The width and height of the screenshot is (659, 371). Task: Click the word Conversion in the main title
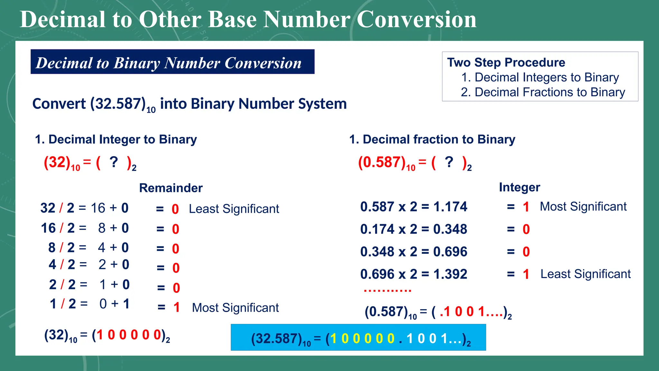(416, 19)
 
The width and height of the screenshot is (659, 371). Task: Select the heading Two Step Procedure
(506, 62)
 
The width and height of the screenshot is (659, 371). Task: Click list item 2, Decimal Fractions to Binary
(543, 92)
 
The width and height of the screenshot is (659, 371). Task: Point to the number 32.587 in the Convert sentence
(118, 104)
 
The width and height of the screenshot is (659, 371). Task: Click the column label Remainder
(171, 188)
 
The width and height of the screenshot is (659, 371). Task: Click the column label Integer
(519, 187)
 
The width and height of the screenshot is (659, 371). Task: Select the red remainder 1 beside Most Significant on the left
(176, 308)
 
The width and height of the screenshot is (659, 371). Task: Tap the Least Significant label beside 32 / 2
(234, 209)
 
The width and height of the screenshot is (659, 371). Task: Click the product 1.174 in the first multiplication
(450, 207)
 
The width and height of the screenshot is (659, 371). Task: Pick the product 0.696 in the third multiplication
(450, 252)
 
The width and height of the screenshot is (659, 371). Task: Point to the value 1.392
(450, 274)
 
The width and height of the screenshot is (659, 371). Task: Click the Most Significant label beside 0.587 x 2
(583, 207)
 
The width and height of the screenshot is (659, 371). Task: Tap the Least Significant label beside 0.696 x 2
(585, 274)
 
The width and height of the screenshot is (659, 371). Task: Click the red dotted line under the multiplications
(387, 290)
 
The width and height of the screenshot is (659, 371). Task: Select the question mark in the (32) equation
(114, 162)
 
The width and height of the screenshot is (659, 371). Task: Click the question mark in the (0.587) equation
(449, 162)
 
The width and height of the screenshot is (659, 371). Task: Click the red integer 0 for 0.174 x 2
(526, 230)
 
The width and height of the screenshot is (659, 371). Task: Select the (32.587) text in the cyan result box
(276, 339)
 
